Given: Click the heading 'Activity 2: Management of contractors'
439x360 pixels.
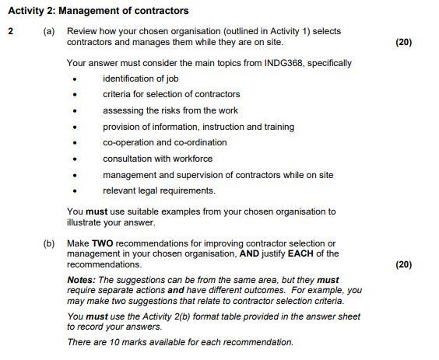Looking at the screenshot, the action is [97, 11].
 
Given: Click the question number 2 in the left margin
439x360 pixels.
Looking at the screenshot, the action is [10, 31].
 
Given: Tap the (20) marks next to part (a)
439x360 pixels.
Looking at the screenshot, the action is [403, 41].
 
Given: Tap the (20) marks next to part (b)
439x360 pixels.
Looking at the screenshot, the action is [403, 264].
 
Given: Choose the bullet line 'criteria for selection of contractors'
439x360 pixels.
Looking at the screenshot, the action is [171, 95].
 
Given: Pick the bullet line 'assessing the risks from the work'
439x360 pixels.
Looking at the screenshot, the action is [170, 110].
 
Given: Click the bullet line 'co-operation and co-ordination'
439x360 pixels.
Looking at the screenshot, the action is [165, 142].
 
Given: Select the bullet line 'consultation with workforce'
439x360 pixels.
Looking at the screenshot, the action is [157, 159].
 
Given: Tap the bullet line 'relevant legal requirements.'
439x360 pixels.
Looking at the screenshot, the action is [159, 190].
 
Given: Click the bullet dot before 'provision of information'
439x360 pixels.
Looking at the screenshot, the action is [76, 127].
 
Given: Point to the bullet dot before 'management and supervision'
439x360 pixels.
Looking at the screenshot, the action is [76, 175].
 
